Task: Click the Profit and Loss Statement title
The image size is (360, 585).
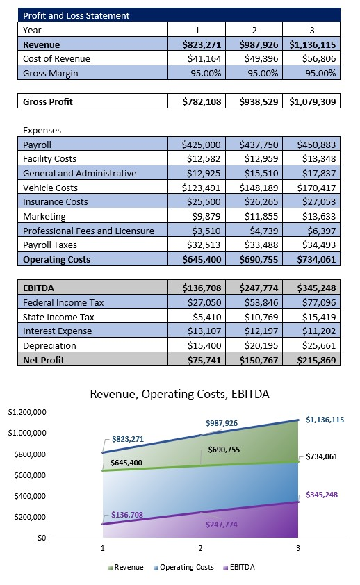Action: pos(76,15)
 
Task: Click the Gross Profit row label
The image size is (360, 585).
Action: pos(48,101)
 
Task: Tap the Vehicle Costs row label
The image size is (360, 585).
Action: pos(50,188)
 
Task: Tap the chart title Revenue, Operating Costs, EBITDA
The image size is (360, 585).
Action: pos(179,394)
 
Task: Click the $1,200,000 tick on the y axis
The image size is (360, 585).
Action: pos(26,412)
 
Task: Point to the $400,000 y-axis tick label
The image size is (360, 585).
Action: pos(28,496)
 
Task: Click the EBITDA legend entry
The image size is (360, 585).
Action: pos(238,567)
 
